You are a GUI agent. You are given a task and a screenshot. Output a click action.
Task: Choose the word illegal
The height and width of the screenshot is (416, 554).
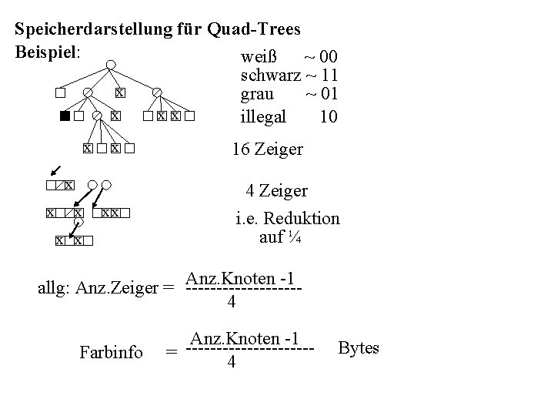tap(263, 116)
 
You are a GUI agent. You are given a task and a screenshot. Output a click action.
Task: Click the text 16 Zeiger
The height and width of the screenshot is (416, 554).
tap(267, 149)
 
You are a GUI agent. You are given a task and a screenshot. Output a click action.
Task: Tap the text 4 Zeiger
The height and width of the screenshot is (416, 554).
tap(277, 190)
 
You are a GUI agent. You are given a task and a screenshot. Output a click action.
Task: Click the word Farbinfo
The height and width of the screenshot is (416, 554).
tap(111, 353)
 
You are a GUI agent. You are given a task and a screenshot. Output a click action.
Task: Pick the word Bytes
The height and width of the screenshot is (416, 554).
tap(359, 348)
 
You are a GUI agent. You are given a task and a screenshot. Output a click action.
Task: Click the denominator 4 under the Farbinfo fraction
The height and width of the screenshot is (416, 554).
tap(231, 363)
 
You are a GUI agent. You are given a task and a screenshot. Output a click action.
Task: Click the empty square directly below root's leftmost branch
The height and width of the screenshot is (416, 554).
tap(58, 93)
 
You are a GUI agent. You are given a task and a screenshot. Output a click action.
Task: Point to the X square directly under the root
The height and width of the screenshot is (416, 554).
tap(118, 93)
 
